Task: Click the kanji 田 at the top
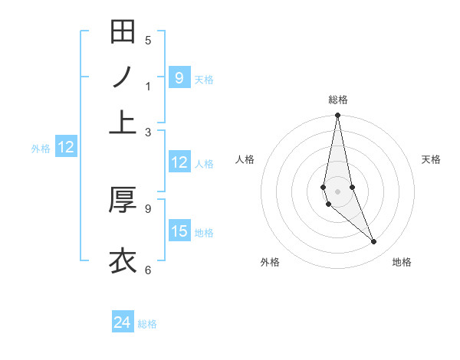tap(123, 32)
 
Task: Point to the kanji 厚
tap(123, 199)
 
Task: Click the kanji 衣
tap(123, 260)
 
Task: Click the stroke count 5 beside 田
tap(148, 41)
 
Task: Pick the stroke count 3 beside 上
tap(148, 132)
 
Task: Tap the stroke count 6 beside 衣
tap(148, 269)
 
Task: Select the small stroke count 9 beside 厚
tap(148, 208)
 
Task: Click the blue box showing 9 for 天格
tap(179, 77)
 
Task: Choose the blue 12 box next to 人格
tap(179, 162)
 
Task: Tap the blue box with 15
tap(179, 231)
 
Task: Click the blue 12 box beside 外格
tap(66, 148)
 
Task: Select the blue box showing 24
tap(123, 322)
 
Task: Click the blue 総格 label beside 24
tap(147, 324)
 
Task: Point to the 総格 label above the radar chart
tap(337, 100)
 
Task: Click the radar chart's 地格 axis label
tap(402, 262)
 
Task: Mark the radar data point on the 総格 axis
tap(337, 116)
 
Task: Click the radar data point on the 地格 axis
tap(374, 242)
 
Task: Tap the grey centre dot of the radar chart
tap(337, 191)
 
